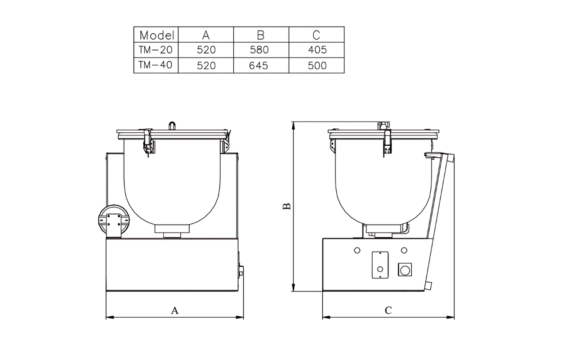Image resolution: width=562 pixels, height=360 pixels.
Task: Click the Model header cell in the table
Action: [x=156, y=35]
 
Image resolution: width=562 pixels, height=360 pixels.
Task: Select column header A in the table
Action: [x=206, y=35]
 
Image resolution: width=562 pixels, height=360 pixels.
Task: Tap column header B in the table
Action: [x=261, y=35]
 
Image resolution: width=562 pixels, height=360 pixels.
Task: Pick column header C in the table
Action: [x=316, y=35]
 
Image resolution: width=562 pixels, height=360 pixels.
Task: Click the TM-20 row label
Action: [x=156, y=49]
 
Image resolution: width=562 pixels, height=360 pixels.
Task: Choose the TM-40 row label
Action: [x=156, y=65]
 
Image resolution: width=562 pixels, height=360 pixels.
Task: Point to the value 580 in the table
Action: [x=261, y=50]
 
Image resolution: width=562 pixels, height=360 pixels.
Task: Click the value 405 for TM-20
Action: [x=317, y=50]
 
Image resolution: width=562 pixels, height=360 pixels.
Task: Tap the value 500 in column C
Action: [x=317, y=65]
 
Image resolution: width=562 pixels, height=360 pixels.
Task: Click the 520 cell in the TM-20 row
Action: [x=206, y=50]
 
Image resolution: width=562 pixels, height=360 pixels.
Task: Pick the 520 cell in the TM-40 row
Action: [x=206, y=65]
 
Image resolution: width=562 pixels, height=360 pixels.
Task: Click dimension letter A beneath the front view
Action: [x=175, y=310]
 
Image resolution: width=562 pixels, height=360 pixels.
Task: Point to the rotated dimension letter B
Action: [x=286, y=207]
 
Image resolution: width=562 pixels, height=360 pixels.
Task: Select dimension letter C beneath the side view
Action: [x=388, y=310]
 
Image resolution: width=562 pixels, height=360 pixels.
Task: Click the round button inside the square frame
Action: [x=406, y=270]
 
